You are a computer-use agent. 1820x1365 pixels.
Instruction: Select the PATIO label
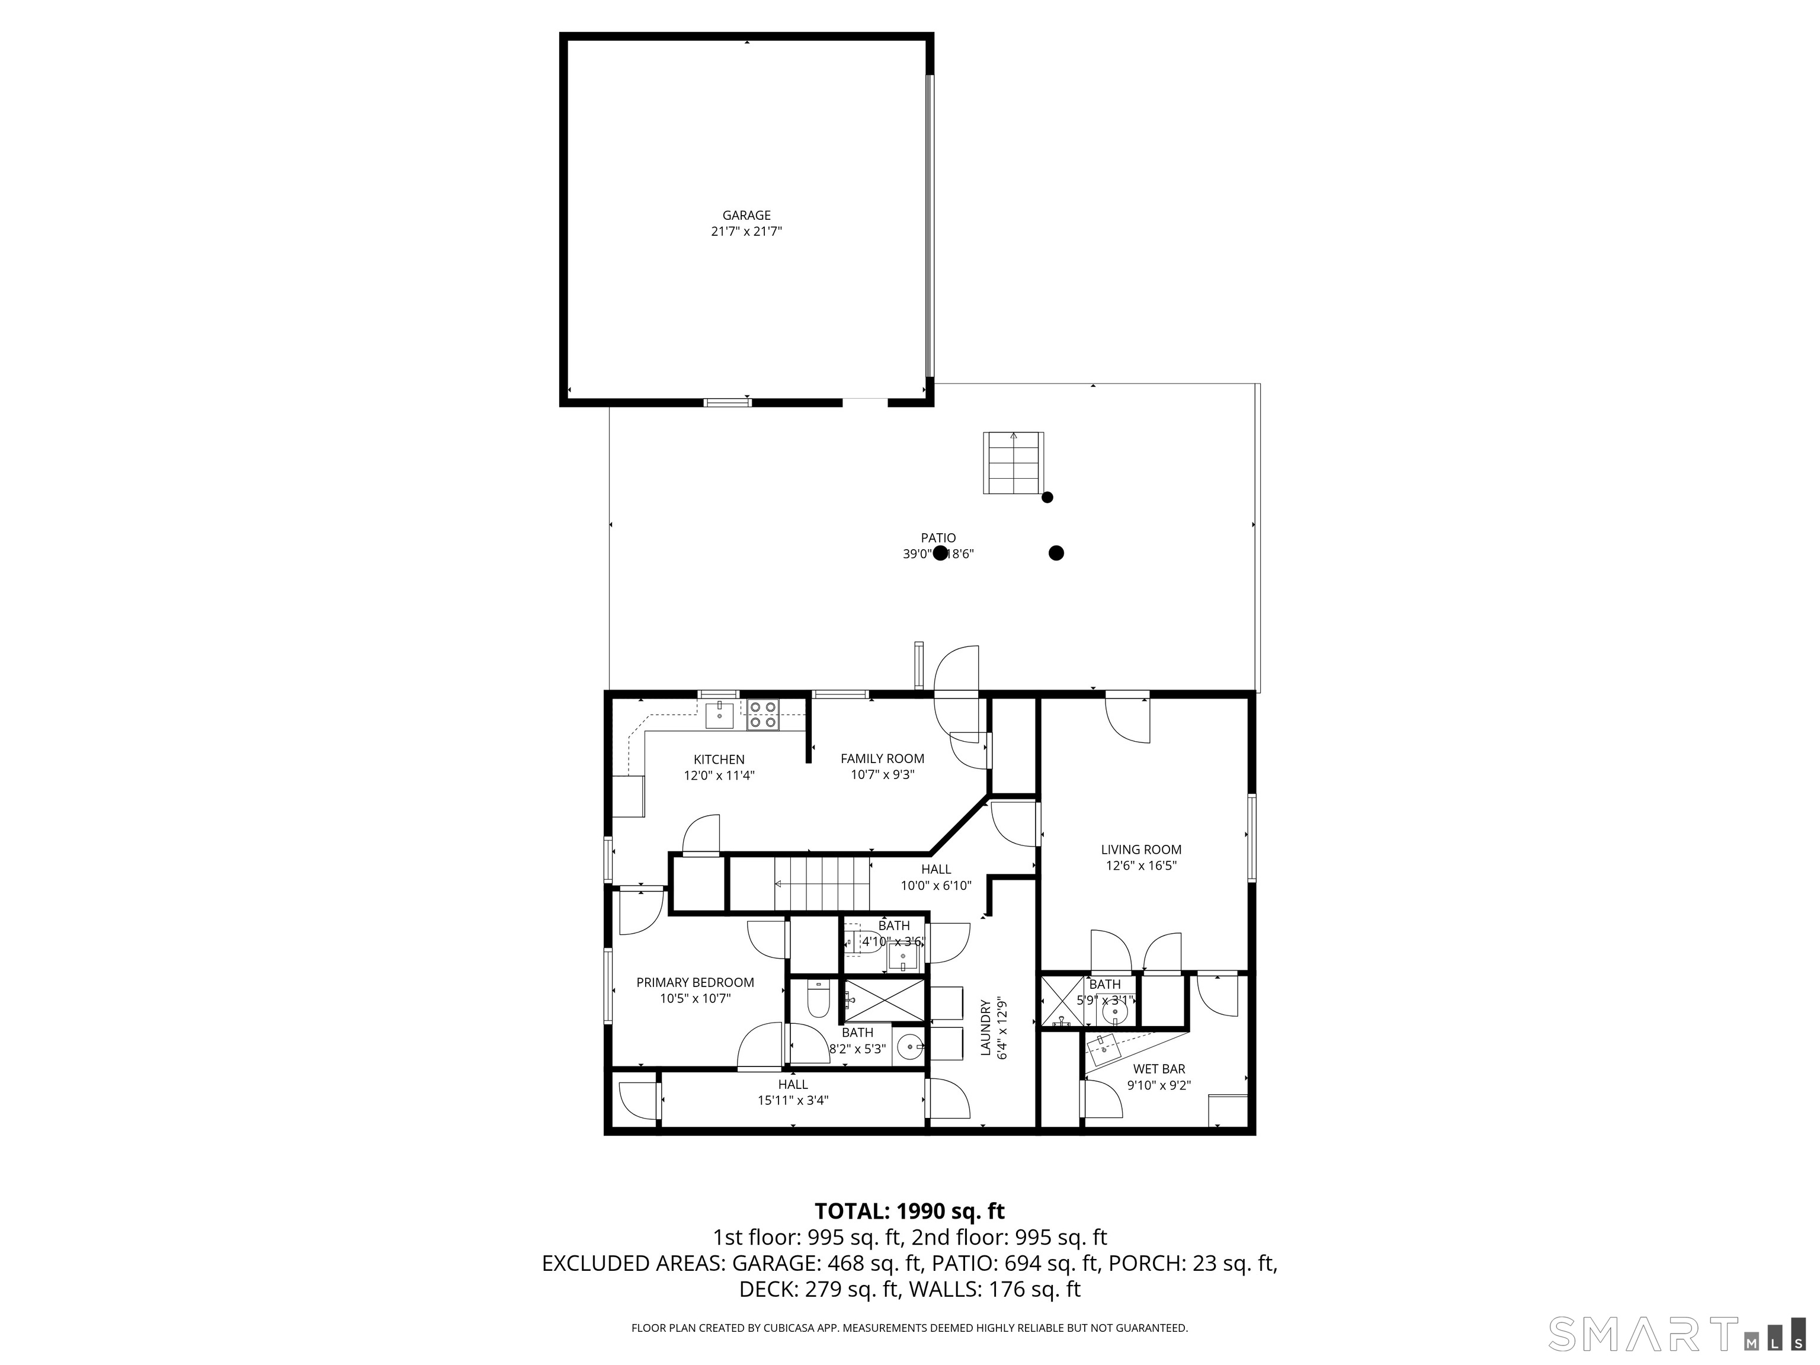point(938,538)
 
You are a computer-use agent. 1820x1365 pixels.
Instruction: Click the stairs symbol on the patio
point(1013,463)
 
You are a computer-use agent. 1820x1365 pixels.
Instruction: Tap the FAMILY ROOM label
point(882,758)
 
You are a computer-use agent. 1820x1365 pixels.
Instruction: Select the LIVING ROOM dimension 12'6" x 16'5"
point(1141,866)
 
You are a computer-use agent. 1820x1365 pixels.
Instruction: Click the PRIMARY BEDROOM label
point(696,982)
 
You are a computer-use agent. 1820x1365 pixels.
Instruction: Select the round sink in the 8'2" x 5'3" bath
point(910,1048)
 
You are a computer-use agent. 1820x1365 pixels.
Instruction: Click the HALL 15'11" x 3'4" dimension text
point(792,1101)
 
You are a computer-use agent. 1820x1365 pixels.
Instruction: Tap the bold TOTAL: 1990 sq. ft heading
point(909,1211)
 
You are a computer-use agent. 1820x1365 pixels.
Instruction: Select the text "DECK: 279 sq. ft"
point(819,1289)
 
